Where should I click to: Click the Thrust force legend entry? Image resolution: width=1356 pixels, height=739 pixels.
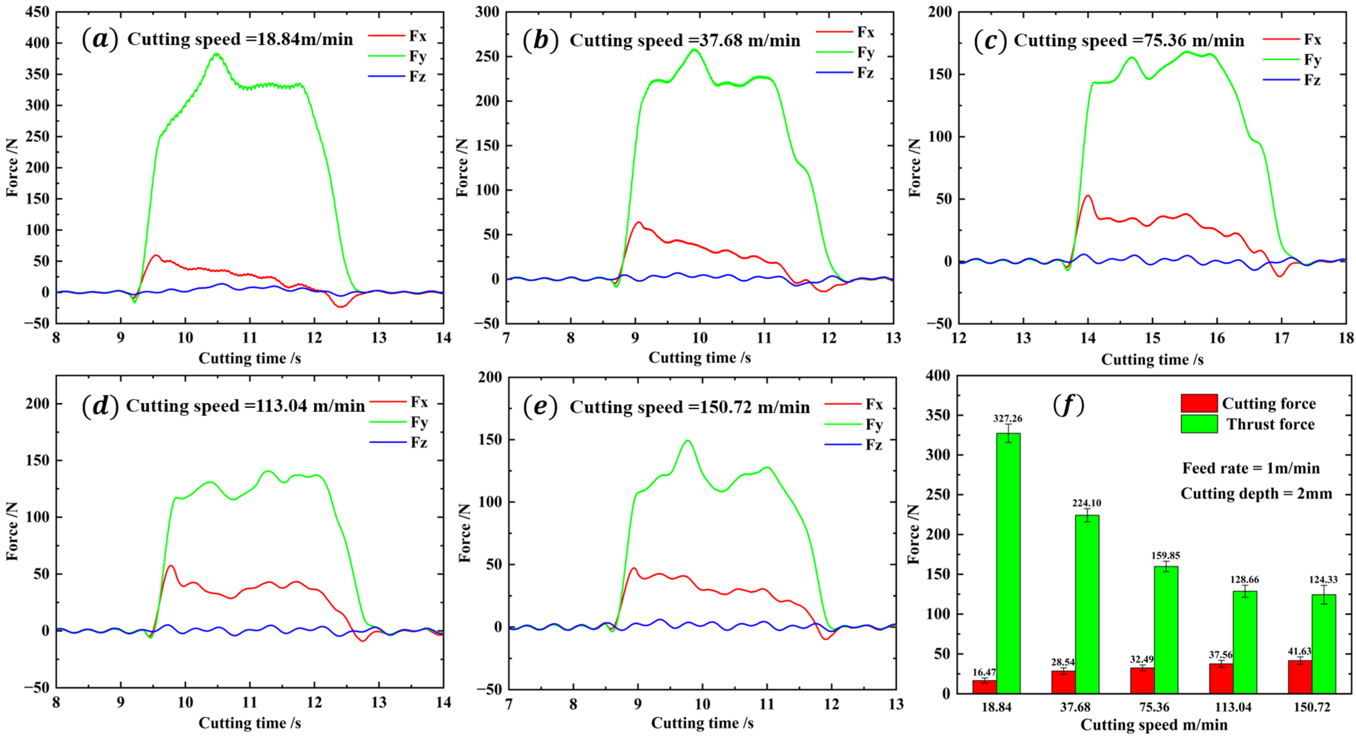[x=1270, y=424]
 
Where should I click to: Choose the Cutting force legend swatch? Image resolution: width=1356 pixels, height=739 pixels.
[x=1199, y=403]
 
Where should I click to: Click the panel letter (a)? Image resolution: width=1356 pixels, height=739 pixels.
[x=100, y=40]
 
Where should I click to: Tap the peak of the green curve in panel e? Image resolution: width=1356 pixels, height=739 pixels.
[x=688, y=441]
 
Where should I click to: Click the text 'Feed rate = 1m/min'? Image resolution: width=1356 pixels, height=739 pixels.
[x=1251, y=468]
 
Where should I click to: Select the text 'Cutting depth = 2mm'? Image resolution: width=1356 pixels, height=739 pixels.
[x=1256, y=493]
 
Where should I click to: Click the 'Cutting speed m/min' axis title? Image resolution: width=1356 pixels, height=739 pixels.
[x=1153, y=725]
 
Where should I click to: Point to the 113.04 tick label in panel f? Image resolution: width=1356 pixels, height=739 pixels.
[x=1233, y=707]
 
